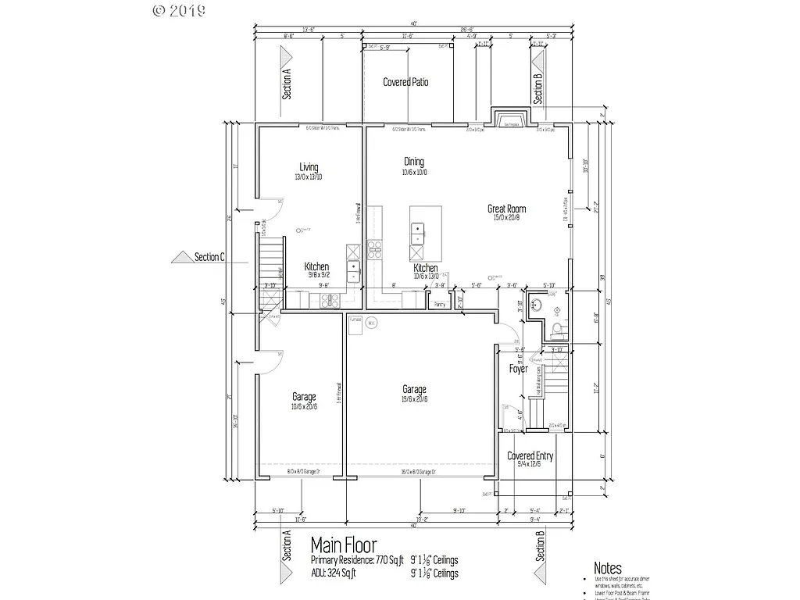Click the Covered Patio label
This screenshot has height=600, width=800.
coord(405,82)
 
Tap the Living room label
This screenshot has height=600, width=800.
coord(309,166)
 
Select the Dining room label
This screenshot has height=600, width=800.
coord(414,162)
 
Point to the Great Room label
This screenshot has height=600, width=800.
coord(506,209)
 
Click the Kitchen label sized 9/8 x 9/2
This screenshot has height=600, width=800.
coord(316,266)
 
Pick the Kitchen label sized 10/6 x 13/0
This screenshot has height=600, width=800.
coord(426,268)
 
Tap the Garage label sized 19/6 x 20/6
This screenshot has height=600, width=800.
coord(414,389)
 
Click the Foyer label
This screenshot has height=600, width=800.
coord(518,368)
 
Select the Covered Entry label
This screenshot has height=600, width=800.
coord(530,455)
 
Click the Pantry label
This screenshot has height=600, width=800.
coord(439,304)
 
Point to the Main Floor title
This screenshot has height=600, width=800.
coord(344,544)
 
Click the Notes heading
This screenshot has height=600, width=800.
coord(608,568)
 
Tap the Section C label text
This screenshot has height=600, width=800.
coord(209,256)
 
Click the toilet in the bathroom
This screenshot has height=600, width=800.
coord(555,328)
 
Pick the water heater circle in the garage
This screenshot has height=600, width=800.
coord(372,322)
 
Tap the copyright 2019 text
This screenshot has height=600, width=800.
coord(179,10)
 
